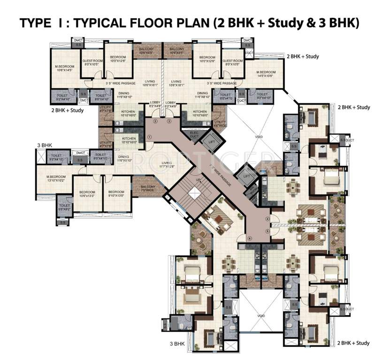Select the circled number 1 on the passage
pyautogui.click(x=149, y=136)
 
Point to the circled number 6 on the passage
pyautogui.click(x=250, y=239)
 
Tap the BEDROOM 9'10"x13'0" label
pyautogui.click(x=116, y=194)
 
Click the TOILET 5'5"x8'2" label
pyautogui.click(x=65, y=207)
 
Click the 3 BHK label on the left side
pyautogui.click(x=45, y=146)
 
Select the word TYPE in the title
pyautogui.click(x=35, y=23)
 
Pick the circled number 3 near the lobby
pyautogui.click(x=169, y=121)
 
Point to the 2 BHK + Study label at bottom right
pyautogui.click(x=353, y=343)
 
